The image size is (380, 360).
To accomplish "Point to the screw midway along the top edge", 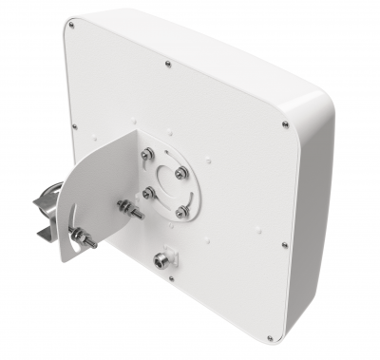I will click(167, 65).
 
